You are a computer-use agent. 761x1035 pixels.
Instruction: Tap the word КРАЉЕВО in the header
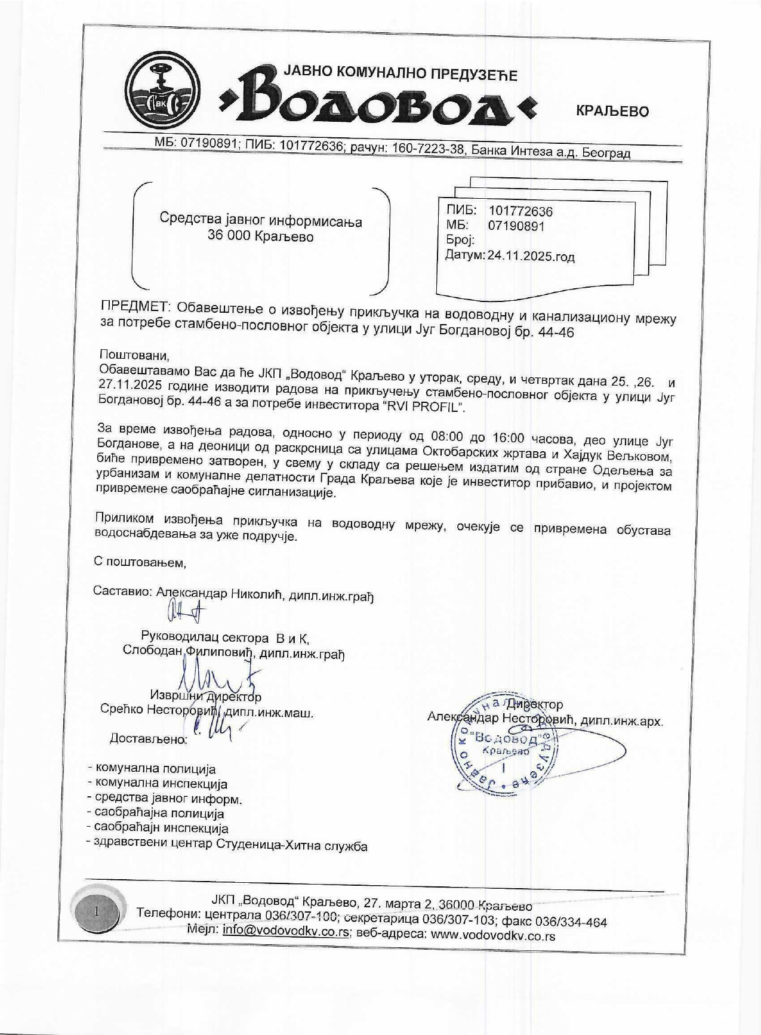(x=612, y=111)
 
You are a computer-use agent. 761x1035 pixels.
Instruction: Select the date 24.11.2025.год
(x=531, y=257)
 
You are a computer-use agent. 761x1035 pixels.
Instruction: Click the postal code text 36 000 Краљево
(x=260, y=236)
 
